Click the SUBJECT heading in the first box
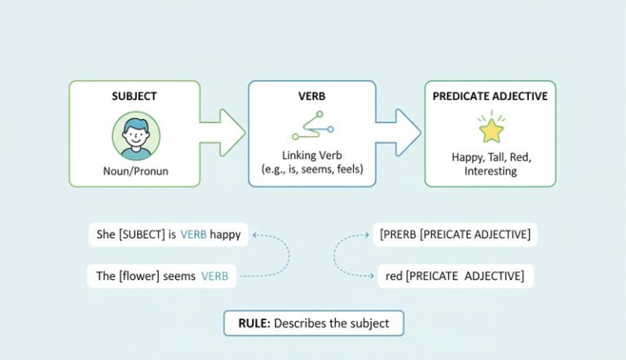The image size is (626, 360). pyautogui.click(x=134, y=96)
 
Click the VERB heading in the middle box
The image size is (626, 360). pyautogui.click(x=311, y=96)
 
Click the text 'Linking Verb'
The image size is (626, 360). pyautogui.click(x=311, y=155)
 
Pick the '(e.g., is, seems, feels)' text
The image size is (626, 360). pyautogui.click(x=311, y=169)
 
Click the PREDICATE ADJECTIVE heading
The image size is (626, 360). pyautogui.click(x=491, y=96)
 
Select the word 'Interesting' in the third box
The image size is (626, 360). pyautogui.click(x=490, y=171)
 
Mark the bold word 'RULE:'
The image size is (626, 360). pyautogui.click(x=253, y=323)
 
